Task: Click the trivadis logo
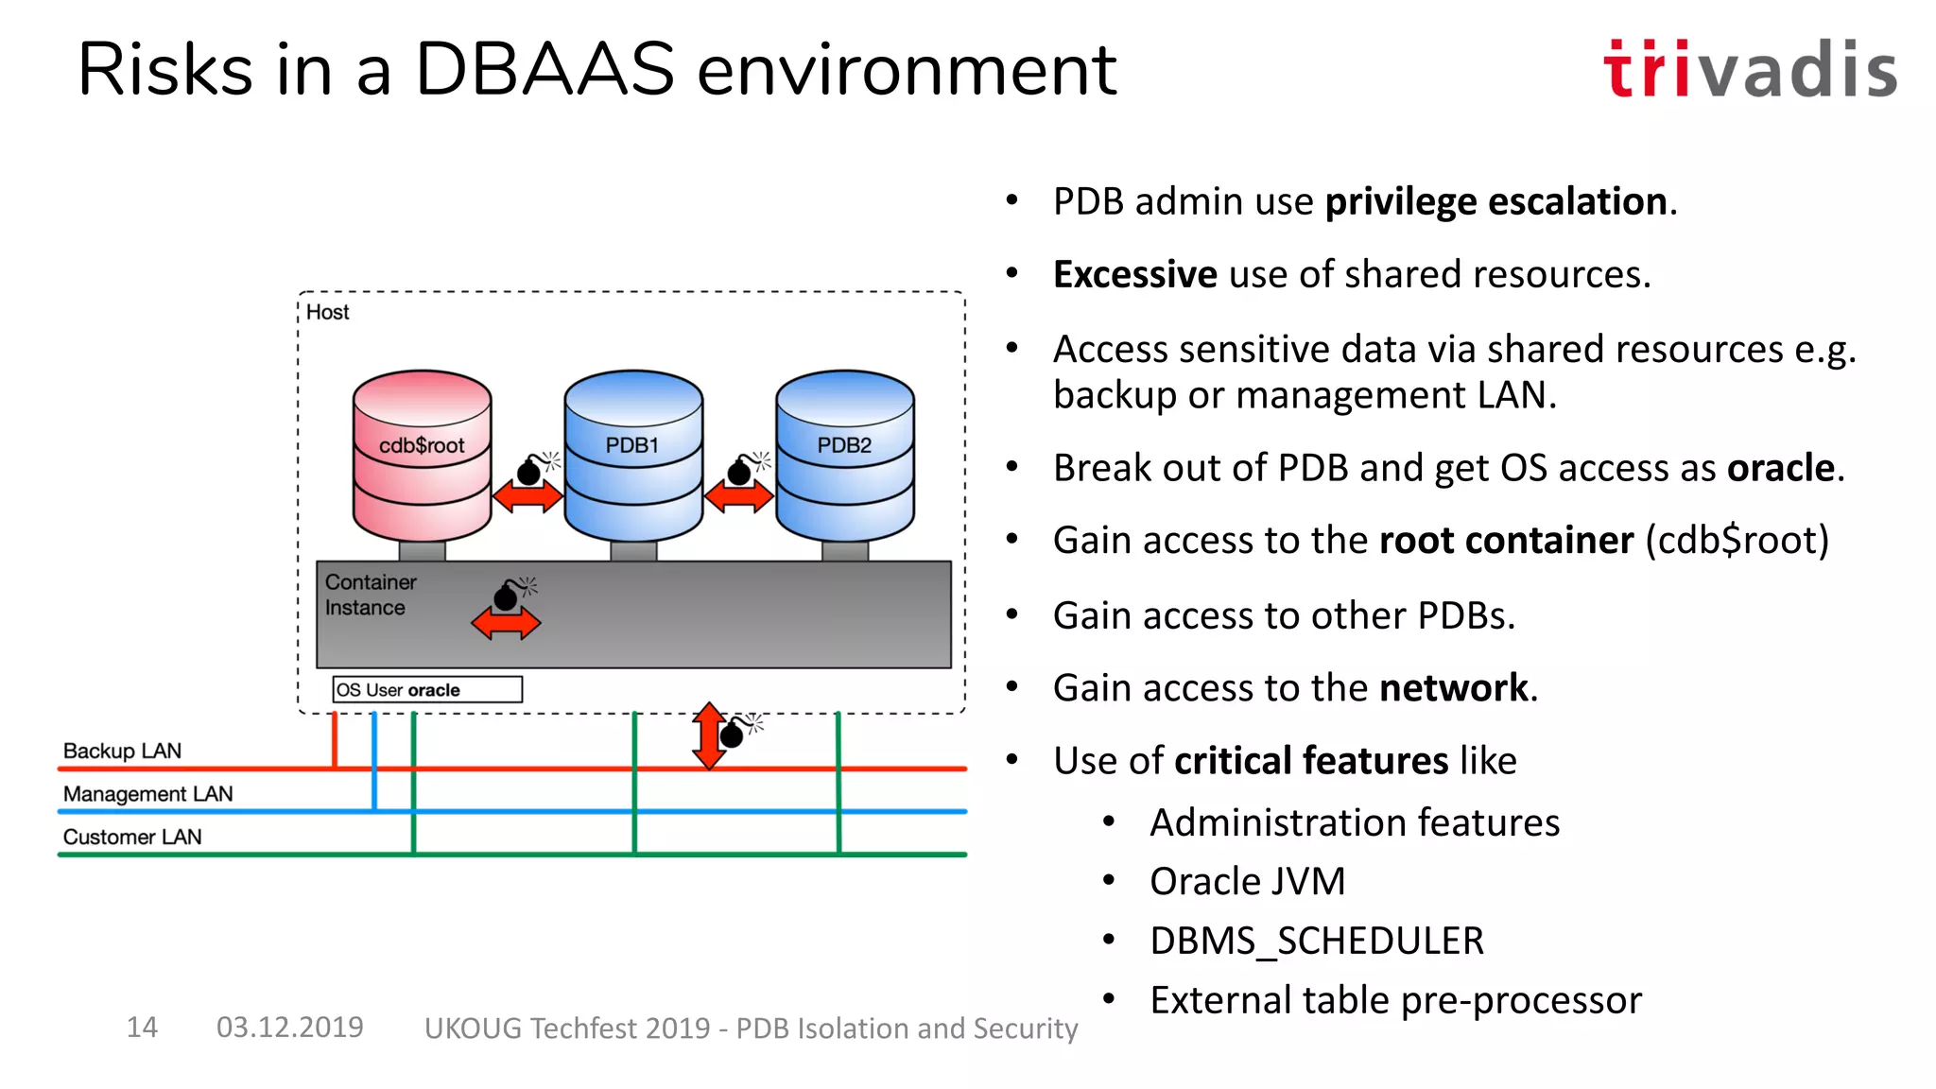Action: pyautogui.click(x=1749, y=69)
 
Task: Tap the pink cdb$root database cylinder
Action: pyautogui.click(x=422, y=454)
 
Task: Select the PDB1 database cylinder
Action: pyautogui.click(x=633, y=454)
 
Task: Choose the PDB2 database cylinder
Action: pyautogui.click(x=844, y=454)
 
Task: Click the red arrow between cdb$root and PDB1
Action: pyautogui.click(x=527, y=495)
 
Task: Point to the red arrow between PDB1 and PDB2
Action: pyautogui.click(x=738, y=495)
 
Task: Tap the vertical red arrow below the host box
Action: pyautogui.click(x=708, y=736)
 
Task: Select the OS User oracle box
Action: pyautogui.click(x=426, y=689)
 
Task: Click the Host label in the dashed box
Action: pyautogui.click(x=327, y=312)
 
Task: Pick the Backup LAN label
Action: pyautogui.click(x=122, y=751)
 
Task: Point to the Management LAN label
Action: pyautogui.click(x=147, y=794)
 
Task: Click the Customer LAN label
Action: pyautogui.click(x=132, y=837)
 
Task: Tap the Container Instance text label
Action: pyautogui.click(x=370, y=595)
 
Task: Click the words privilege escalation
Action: pyautogui.click(x=1495, y=201)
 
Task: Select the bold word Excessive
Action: pyautogui.click(x=1134, y=274)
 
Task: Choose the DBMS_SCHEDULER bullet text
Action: pyautogui.click(x=1316, y=941)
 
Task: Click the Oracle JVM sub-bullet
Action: pyautogui.click(x=1247, y=881)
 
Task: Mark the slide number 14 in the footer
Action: pyautogui.click(x=142, y=1027)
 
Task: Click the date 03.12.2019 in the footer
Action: pyautogui.click(x=289, y=1027)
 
